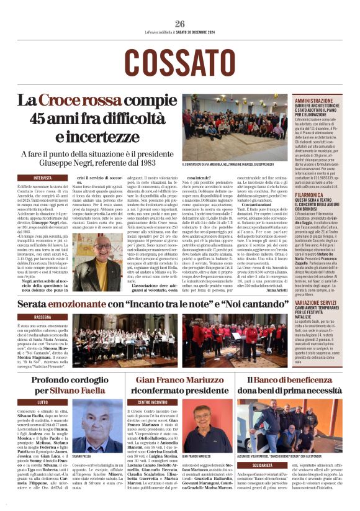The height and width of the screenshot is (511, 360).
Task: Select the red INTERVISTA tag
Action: click(x=42, y=178)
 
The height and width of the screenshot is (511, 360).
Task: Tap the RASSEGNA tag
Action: click(x=42, y=316)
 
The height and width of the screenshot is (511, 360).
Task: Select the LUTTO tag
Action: click(x=42, y=402)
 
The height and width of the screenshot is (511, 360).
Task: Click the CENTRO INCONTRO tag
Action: click(x=152, y=402)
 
